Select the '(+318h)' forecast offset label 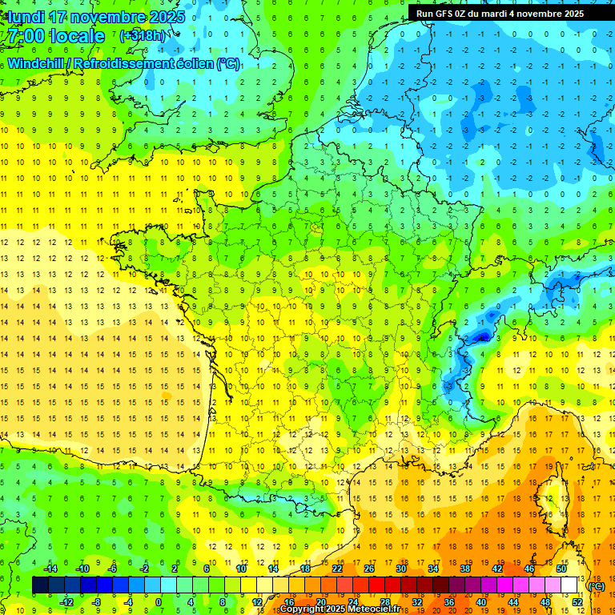point(143,36)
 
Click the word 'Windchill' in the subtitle point(37,63)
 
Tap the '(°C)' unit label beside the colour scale point(596,586)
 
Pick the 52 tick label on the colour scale point(577,602)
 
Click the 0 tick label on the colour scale point(158,602)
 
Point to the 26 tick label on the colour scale point(369,569)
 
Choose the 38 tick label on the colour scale point(464,569)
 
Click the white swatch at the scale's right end point(569,585)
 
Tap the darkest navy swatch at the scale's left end point(40,585)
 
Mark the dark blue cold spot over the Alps point(481,337)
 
